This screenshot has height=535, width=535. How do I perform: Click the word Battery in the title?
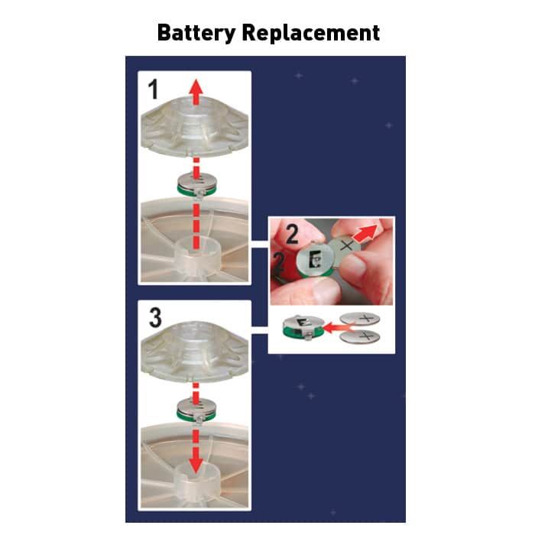(196, 34)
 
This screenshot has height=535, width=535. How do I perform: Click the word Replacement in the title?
(311, 33)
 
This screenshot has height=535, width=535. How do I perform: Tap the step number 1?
(153, 89)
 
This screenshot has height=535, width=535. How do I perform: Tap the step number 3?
(155, 317)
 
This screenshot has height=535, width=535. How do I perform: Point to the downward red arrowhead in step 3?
(196, 465)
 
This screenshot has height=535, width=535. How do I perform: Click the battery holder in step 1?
(196, 185)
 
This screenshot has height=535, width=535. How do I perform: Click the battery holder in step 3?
(196, 410)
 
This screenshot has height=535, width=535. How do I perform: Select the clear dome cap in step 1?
(195, 127)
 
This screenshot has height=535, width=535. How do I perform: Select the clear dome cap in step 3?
(195, 353)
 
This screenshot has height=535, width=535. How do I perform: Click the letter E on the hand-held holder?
(315, 260)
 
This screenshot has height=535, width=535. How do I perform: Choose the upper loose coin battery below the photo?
(360, 319)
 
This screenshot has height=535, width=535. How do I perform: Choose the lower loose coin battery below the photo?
(360, 337)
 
